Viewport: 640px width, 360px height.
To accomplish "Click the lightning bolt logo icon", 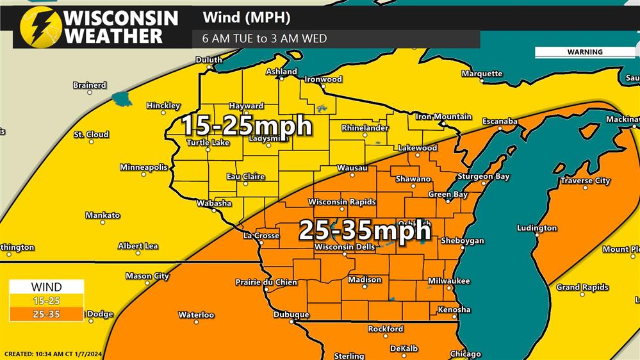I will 40,27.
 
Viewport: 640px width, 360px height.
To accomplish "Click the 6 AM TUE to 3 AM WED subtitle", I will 265,38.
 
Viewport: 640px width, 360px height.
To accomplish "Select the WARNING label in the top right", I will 584,52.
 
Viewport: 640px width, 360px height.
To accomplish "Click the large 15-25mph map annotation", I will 246,125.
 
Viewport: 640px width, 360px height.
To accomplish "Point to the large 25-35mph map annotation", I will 364,229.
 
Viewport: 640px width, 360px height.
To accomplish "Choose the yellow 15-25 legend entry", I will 46,300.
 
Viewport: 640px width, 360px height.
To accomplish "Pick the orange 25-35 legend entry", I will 46,314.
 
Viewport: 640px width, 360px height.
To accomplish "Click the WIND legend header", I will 46,287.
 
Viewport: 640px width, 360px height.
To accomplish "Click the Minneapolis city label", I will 144,167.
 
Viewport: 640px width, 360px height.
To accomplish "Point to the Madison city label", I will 365,279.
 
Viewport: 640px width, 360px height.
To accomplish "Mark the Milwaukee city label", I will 449,281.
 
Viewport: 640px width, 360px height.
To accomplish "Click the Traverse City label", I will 585,181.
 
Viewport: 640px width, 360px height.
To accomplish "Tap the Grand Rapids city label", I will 582,288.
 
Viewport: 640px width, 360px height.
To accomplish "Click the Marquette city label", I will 482,74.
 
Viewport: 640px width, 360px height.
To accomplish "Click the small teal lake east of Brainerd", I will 120,98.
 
